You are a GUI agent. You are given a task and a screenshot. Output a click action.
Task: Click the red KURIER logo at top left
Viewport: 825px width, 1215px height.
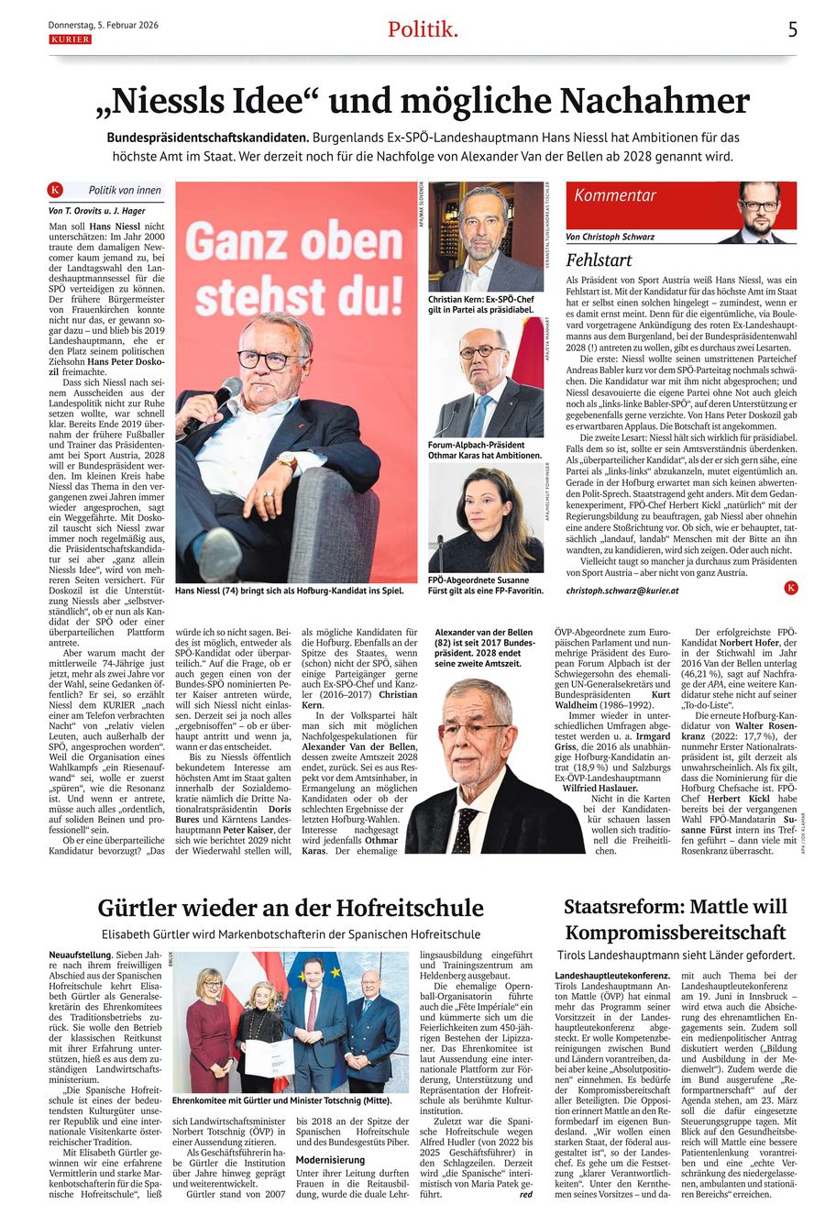(x=70, y=39)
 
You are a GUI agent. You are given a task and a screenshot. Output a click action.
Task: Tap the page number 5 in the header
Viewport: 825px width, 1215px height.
(x=792, y=29)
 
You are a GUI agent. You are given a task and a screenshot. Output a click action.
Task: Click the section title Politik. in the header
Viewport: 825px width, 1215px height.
(x=423, y=29)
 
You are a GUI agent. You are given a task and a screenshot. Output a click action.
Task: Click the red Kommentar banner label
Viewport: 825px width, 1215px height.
(x=616, y=195)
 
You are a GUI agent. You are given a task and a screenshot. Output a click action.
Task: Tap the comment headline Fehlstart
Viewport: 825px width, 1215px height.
(x=600, y=260)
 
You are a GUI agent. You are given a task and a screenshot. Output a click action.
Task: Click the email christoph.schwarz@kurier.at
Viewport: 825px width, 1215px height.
(x=622, y=591)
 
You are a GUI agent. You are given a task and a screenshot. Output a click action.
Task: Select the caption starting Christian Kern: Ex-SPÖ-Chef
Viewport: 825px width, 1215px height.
(x=480, y=304)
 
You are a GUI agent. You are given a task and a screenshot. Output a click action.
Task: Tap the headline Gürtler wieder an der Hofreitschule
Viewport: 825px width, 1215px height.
(x=291, y=908)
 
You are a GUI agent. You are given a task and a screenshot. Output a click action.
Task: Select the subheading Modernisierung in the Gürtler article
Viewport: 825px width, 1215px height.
(x=332, y=1159)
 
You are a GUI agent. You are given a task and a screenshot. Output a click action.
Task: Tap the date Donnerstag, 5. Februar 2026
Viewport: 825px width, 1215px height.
(x=103, y=25)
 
